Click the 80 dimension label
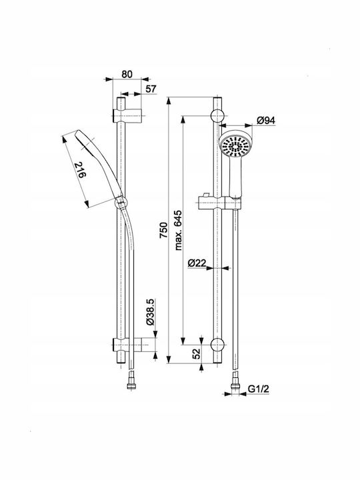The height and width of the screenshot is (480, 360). pyautogui.click(x=127, y=74)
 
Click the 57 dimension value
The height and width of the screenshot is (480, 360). pyautogui.click(x=151, y=89)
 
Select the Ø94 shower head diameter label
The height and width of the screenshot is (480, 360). pyautogui.click(x=266, y=121)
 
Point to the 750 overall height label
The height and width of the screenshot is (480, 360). pyautogui.click(x=164, y=230)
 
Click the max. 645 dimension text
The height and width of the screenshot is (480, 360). pyautogui.click(x=178, y=230)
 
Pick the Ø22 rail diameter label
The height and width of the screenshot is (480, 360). pyautogui.click(x=197, y=263)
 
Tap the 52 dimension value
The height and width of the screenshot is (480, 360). pyautogui.click(x=197, y=353)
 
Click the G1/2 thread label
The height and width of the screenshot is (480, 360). pyautogui.click(x=259, y=389)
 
